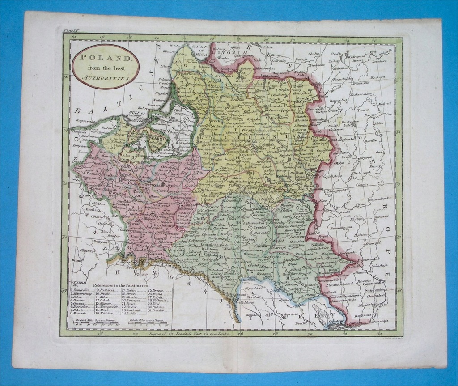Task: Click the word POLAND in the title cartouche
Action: (x=106, y=58)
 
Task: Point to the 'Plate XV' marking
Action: (x=71, y=30)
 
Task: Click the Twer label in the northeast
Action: (x=372, y=51)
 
